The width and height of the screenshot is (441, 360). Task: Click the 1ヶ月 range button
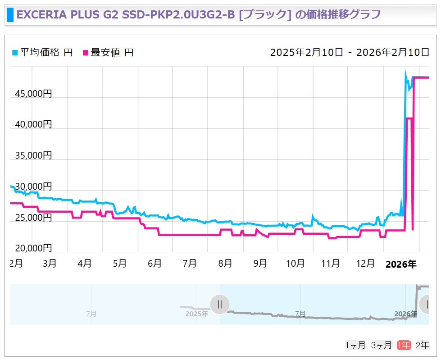coord(355,345)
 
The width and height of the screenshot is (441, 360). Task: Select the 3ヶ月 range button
coord(381,345)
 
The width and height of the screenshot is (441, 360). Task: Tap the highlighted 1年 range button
coord(404,345)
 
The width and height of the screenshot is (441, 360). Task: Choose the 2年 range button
coord(423,345)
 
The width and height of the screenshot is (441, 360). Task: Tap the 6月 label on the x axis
coord(155,264)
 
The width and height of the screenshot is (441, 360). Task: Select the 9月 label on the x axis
coord(260,264)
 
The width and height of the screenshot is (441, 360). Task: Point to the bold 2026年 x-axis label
coord(401,264)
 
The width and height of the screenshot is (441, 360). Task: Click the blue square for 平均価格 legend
coord(15,53)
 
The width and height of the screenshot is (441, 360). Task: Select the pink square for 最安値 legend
coord(86,53)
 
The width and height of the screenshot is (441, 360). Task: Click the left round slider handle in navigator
coord(220,304)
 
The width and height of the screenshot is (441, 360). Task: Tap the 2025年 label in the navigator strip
coord(196,314)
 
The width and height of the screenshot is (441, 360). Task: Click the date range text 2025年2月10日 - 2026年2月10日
coord(350,52)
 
